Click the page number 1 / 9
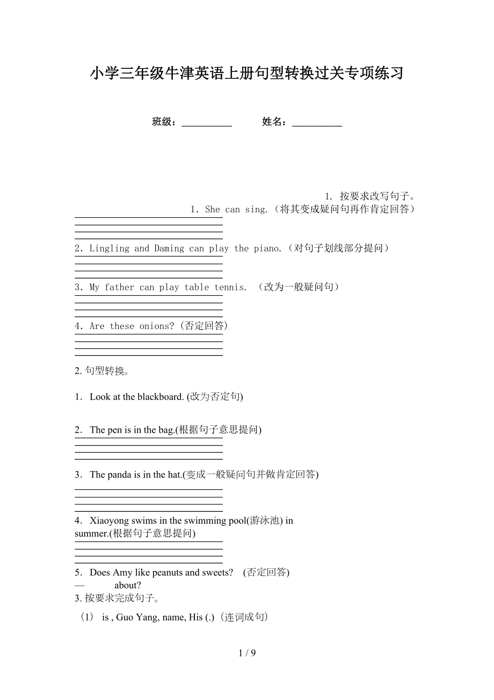[247, 653]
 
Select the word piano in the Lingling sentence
[266, 248]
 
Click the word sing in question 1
[255, 210]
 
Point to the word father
[119, 287]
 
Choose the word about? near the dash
[128, 585]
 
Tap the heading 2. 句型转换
[101, 371]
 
